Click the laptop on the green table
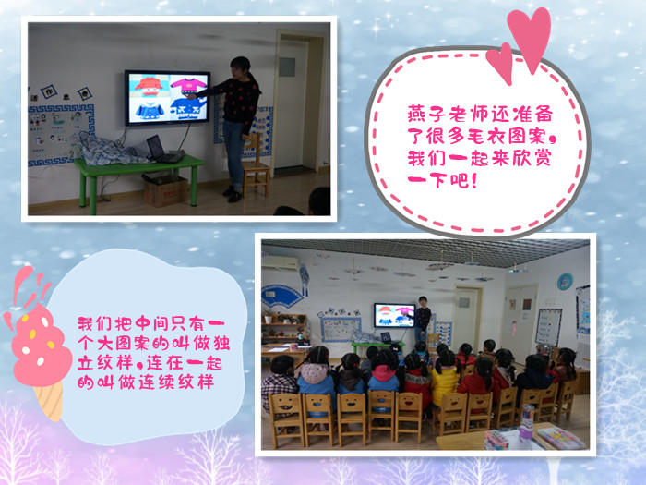(x=161, y=150)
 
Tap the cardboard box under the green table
(x=165, y=190)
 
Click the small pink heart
(x=500, y=63)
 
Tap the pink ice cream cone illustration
(x=36, y=346)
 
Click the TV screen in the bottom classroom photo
(x=394, y=315)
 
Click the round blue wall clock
(x=565, y=282)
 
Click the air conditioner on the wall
(x=281, y=262)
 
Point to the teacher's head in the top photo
(x=241, y=67)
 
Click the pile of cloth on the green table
(x=108, y=149)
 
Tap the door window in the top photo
(x=287, y=67)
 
